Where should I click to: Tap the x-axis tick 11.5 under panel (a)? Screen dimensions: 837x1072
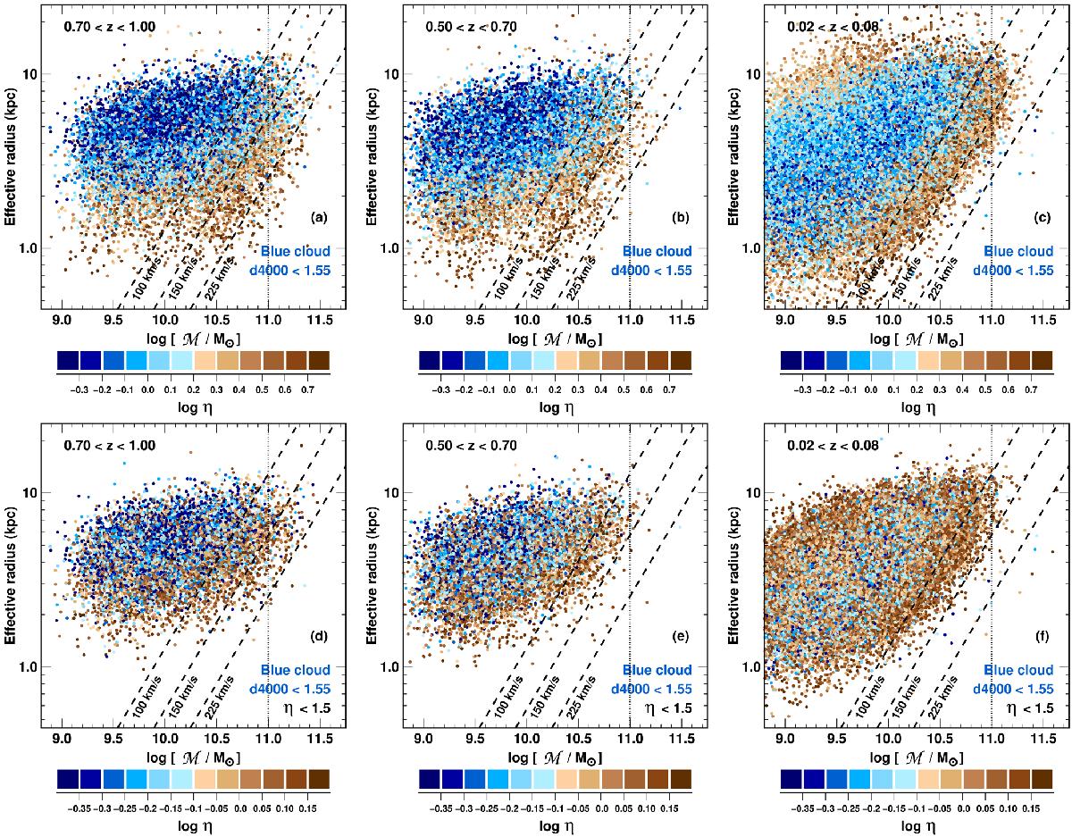(x=319, y=342)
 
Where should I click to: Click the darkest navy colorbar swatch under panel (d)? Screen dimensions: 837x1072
(x=69, y=779)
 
